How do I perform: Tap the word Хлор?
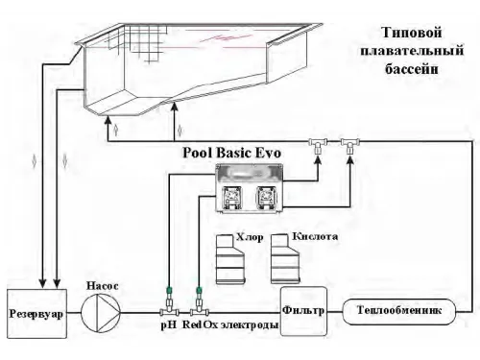[249, 235]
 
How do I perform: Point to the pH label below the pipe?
[166, 327]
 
